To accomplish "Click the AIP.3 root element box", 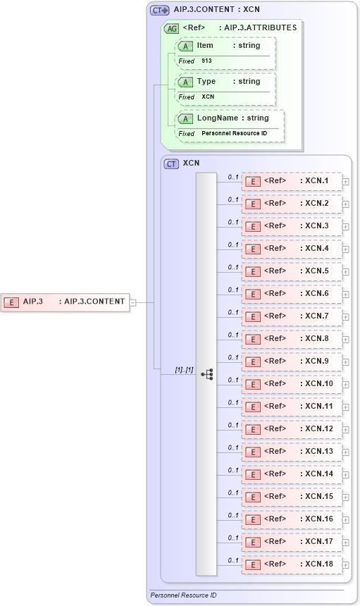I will [x=65, y=302].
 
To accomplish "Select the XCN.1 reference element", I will [x=292, y=181].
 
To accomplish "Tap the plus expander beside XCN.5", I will [x=346, y=271].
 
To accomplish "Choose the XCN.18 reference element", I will [x=292, y=564].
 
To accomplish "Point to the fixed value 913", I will [x=206, y=61].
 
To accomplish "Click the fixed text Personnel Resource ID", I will [x=234, y=133].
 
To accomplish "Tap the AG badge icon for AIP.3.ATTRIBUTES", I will [x=171, y=29].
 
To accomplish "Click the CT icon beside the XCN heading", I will [x=171, y=163].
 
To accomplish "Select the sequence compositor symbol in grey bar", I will [x=207, y=374].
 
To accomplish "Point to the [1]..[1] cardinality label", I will [x=184, y=369].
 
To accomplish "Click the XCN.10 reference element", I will [x=292, y=384].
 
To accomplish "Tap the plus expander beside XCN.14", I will [x=346, y=474].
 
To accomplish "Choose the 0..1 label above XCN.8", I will [x=233, y=335].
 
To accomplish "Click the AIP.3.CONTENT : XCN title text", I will [x=216, y=10].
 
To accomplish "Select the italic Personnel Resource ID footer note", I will [x=184, y=596].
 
